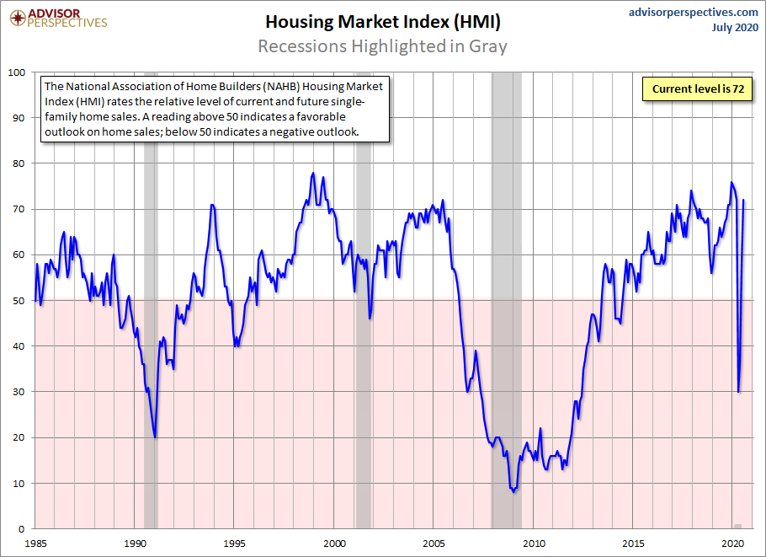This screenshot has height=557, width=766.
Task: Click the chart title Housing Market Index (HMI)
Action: tap(382, 20)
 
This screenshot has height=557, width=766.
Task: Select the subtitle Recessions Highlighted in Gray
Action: tap(382, 46)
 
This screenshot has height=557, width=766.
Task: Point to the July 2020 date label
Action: tap(733, 28)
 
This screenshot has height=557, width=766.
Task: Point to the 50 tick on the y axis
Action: tap(20, 301)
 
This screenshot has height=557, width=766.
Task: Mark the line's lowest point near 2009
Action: tap(513, 491)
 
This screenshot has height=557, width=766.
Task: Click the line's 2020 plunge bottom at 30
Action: tap(739, 392)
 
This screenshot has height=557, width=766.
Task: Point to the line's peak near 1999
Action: tap(313, 173)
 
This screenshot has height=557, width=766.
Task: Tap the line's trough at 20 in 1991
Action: tap(155, 437)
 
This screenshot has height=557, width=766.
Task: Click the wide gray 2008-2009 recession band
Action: tap(506, 253)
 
